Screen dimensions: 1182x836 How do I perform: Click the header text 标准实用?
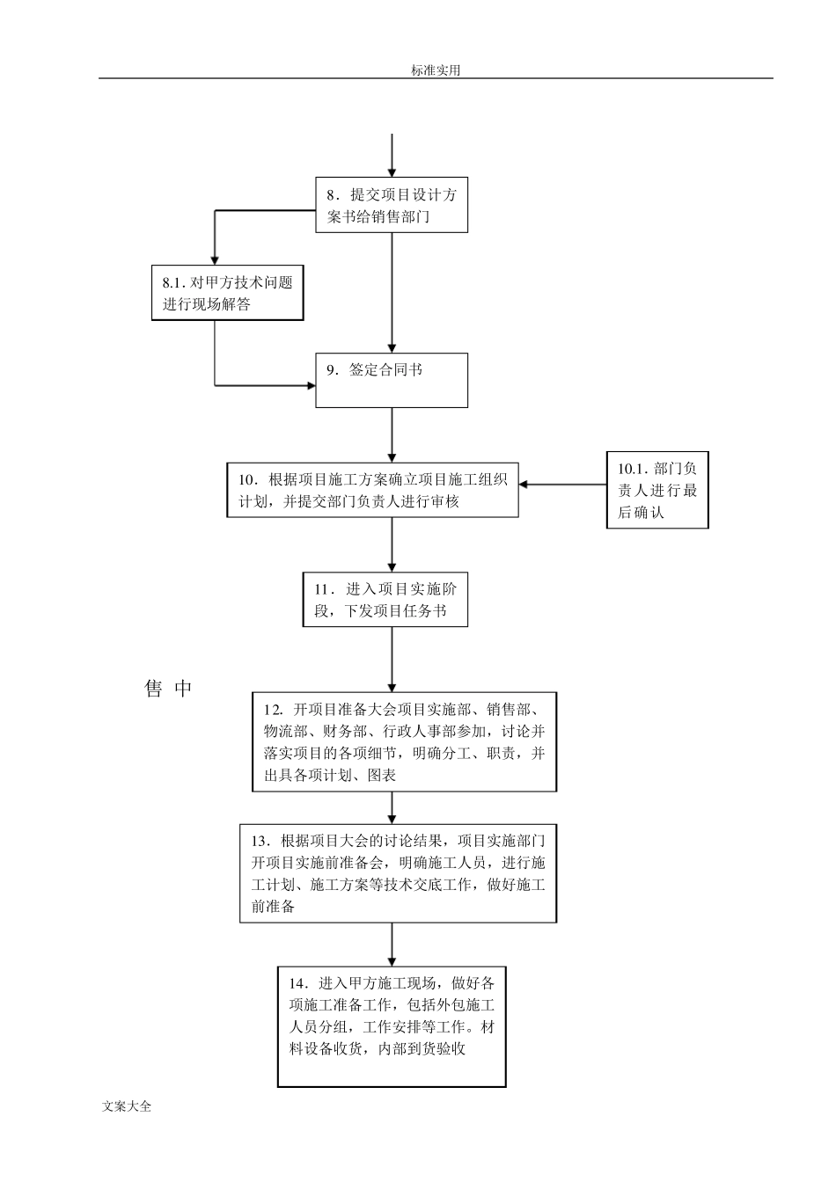435,70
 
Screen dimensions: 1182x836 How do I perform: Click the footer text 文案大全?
127,1106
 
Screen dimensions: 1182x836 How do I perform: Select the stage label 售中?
167,689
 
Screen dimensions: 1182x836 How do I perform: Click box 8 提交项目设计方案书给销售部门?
392,206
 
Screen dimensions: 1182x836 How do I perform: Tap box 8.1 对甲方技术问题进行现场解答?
227,294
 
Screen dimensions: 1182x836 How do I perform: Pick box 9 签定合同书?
392,381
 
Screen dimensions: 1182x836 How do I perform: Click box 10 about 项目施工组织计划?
372,491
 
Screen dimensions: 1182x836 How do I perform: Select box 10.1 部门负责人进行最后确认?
657,491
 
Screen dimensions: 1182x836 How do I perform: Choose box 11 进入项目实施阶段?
385,600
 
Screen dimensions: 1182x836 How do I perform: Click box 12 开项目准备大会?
405,741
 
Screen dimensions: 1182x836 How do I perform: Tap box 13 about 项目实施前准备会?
398,873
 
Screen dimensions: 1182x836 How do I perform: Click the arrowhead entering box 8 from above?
392,171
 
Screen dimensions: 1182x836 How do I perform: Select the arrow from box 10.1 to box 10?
563,483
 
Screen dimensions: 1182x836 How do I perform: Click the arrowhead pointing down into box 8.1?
215,259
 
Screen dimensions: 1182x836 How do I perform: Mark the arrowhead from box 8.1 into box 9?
310,384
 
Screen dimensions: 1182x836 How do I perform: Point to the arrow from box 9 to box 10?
392,435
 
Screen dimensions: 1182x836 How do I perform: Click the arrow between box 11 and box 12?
392,660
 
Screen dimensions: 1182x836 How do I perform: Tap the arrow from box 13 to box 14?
392,945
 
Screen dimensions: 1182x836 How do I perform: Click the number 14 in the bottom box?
297,983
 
